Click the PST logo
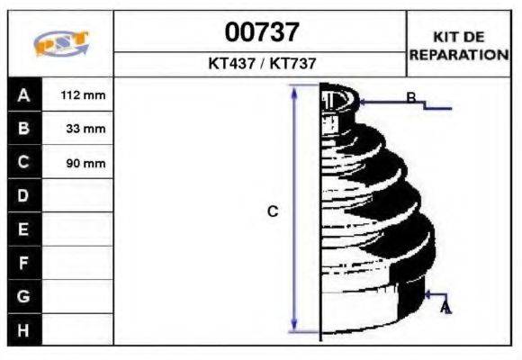tap(61, 43)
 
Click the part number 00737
tap(262, 32)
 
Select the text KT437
tap(232, 63)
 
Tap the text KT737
tap(292, 63)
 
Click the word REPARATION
tap(459, 55)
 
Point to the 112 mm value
tap(83, 95)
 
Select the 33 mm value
tap(85, 129)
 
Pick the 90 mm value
tap(85, 163)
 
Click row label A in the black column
tap(23, 95)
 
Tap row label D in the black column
tap(23, 195)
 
